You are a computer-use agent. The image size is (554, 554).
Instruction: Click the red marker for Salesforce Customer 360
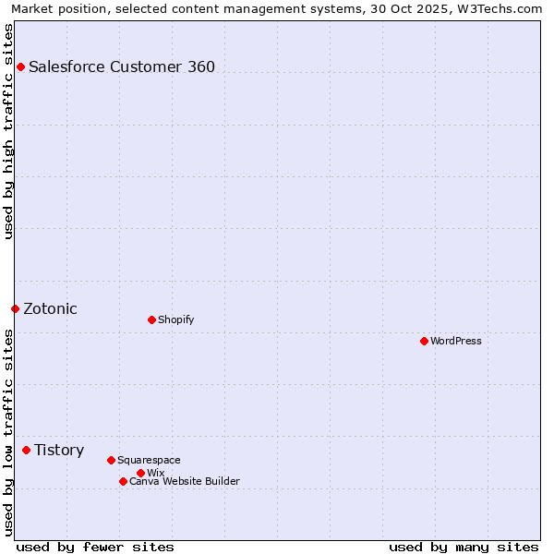click(20, 66)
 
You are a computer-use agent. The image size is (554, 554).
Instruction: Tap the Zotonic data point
click(15, 308)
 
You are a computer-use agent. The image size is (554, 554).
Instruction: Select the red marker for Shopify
click(151, 319)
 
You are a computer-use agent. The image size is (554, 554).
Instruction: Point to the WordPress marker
click(424, 341)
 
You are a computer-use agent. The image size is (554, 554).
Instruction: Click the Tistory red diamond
click(27, 450)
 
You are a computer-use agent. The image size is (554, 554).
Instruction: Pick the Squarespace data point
click(111, 460)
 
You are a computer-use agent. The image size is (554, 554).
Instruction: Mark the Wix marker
click(140, 473)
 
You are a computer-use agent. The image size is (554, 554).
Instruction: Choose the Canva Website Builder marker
click(123, 481)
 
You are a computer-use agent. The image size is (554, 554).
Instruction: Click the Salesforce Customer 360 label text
click(122, 66)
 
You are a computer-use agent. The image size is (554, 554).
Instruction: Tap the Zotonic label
click(51, 308)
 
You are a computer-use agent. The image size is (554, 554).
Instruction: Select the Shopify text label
click(175, 319)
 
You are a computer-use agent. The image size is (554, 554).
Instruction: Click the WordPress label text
click(456, 341)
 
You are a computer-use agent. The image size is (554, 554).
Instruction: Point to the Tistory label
click(59, 450)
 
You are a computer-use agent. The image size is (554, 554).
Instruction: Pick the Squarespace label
click(149, 460)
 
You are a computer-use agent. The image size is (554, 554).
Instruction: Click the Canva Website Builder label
click(185, 481)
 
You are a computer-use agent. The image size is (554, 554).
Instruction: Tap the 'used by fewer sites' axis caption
click(95, 547)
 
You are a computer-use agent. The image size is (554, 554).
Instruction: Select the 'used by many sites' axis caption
click(464, 547)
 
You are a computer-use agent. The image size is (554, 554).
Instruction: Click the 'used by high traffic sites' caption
click(8, 131)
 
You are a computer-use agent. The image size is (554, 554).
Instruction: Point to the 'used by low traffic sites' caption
click(8, 432)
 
